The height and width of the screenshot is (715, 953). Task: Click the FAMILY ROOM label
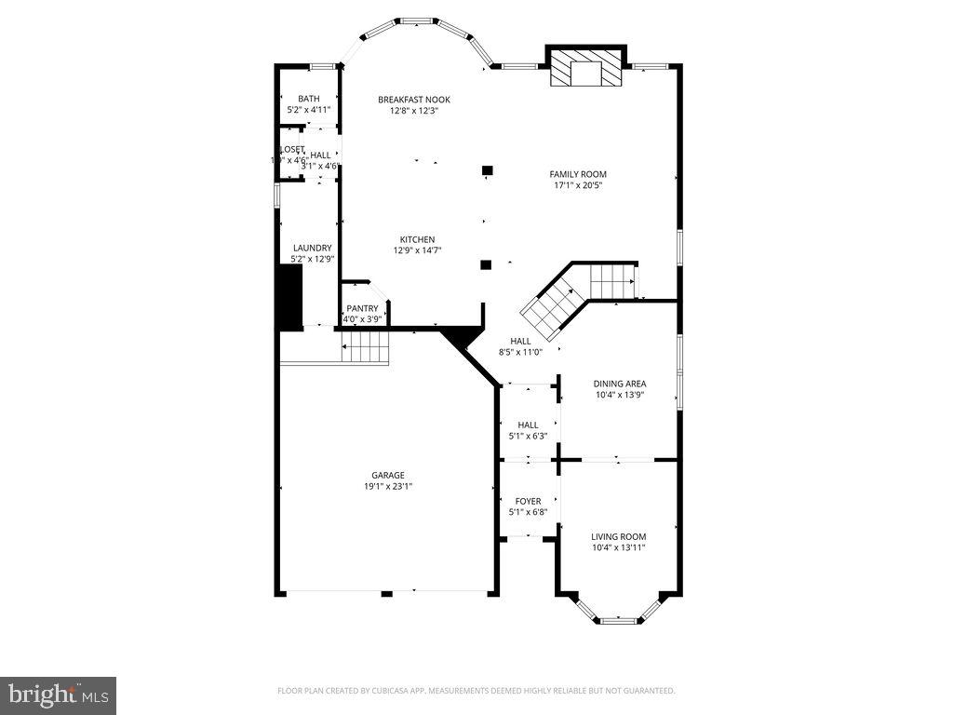click(578, 174)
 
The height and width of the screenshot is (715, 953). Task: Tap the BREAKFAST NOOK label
click(413, 100)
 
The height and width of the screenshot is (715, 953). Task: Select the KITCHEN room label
click(417, 239)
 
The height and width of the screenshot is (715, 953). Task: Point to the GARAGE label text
click(388, 475)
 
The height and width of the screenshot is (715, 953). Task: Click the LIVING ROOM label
click(618, 536)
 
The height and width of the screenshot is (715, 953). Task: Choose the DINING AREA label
click(620, 384)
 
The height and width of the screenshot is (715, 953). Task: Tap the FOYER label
click(528, 501)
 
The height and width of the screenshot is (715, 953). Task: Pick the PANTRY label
click(362, 308)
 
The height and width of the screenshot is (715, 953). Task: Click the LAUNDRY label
click(312, 248)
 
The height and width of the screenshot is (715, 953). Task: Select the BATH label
click(308, 99)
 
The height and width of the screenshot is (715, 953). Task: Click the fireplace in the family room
click(585, 70)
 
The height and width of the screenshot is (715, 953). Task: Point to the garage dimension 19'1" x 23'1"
click(388, 486)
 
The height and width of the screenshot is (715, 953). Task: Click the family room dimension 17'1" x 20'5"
click(578, 185)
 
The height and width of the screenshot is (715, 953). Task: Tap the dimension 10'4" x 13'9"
click(620, 395)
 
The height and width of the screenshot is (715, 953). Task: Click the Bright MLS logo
click(58, 695)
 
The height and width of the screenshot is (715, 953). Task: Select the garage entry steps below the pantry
click(365, 350)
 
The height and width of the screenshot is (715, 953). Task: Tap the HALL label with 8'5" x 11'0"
click(520, 341)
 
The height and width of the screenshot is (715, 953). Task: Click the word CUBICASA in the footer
click(421, 691)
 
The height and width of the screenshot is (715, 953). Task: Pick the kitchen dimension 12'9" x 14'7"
click(417, 250)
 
